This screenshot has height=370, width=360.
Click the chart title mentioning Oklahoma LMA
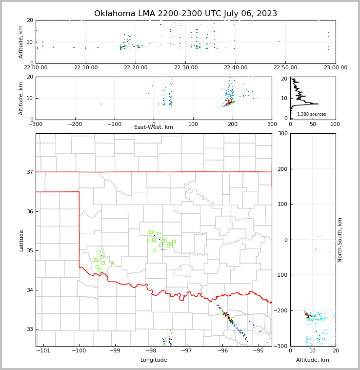pyautogui.click(x=185, y=14)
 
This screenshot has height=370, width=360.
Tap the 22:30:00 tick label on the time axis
pyautogui.click(x=186, y=68)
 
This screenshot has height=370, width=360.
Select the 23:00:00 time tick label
pyautogui.click(x=335, y=68)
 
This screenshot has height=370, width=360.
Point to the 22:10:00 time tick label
pyautogui.click(x=86, y=68)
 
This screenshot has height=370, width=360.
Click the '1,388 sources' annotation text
pyautogui.click(x=311, y=114)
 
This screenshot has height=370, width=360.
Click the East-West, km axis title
pyautogui.click(x=154, y=127)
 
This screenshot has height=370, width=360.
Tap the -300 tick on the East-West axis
pyautogui.click(x=36, y=124)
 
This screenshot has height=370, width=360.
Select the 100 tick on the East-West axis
pyautogui.click(x=193, y=124)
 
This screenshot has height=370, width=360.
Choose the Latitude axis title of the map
pyautogui.click(x=21, y=240)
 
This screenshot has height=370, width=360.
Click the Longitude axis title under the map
pyautogui.click(x=154, y=360)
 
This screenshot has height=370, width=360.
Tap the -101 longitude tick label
pyautogui.click(x=43, y=351)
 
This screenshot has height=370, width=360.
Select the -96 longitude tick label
pyautogui.click(x=222, y=351)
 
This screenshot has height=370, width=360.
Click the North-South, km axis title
pyautogui.click(x=340, y=240)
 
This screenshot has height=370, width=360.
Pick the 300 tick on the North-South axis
pyautogui.click(x=281, y=133)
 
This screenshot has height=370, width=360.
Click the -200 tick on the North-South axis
pyautogui.click(x=280, y=311)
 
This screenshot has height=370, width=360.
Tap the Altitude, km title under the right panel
pyautogui.click(x=313, y=360)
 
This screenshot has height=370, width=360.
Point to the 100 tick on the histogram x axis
pyautogui.click(x=335, y=124)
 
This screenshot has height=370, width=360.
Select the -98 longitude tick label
pyautogui.click(x=151, y=351)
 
